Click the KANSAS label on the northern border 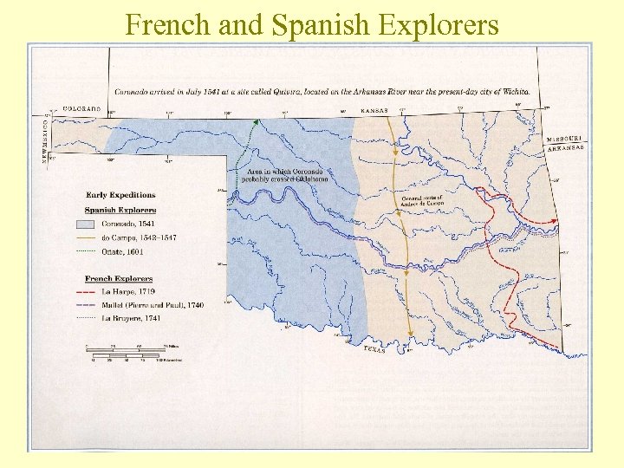pos(374,110)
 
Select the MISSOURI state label pos(564,139)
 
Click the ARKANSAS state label pos(565,148)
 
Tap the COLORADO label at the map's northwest pos(82,109)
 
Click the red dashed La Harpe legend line pos(93,292)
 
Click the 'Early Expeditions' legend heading pos(120,195)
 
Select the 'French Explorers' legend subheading pos(119,278)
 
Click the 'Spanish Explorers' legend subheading pos(120,210)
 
